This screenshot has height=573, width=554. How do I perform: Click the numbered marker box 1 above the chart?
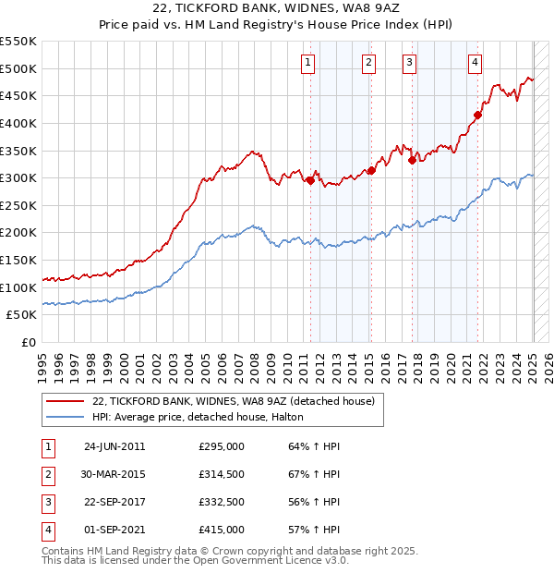(307, 63)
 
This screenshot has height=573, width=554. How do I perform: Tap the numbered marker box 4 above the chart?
(475, 63)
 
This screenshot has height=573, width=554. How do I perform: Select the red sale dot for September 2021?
(478, 116)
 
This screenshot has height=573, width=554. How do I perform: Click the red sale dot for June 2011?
(310, 181)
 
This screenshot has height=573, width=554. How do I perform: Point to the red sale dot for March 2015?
(371, 170)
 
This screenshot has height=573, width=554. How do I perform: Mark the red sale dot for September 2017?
(412, 160)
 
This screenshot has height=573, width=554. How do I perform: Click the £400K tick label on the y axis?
(18, 123)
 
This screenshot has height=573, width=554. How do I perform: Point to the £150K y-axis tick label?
(18, 260)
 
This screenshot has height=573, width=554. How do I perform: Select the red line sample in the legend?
(65, 401)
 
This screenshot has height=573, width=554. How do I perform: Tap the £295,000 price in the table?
(222, 446)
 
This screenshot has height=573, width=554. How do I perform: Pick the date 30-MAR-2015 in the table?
(114, 474)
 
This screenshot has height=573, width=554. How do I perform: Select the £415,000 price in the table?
(222, 530)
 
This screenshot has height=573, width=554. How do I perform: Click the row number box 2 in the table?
(47, 474)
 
